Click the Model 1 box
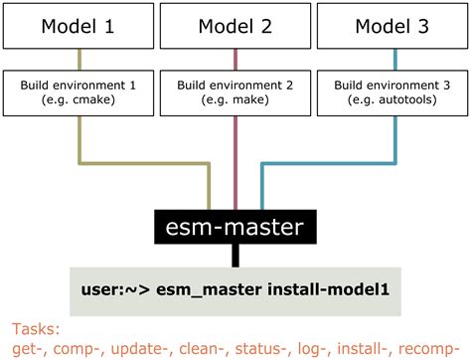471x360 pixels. click(x=78, y=26)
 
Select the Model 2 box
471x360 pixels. click(x=235, y=26)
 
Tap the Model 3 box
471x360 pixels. click(x=392, y=26)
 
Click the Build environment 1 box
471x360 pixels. click(x=78, y=93)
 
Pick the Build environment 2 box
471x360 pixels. click(x=235, y=93)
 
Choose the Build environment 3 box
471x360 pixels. click(x=392, y=93)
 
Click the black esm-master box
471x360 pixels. click(x=235, y=227)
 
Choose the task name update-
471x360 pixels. click(x=146, y=348)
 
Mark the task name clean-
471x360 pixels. click(x=213, y=348)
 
